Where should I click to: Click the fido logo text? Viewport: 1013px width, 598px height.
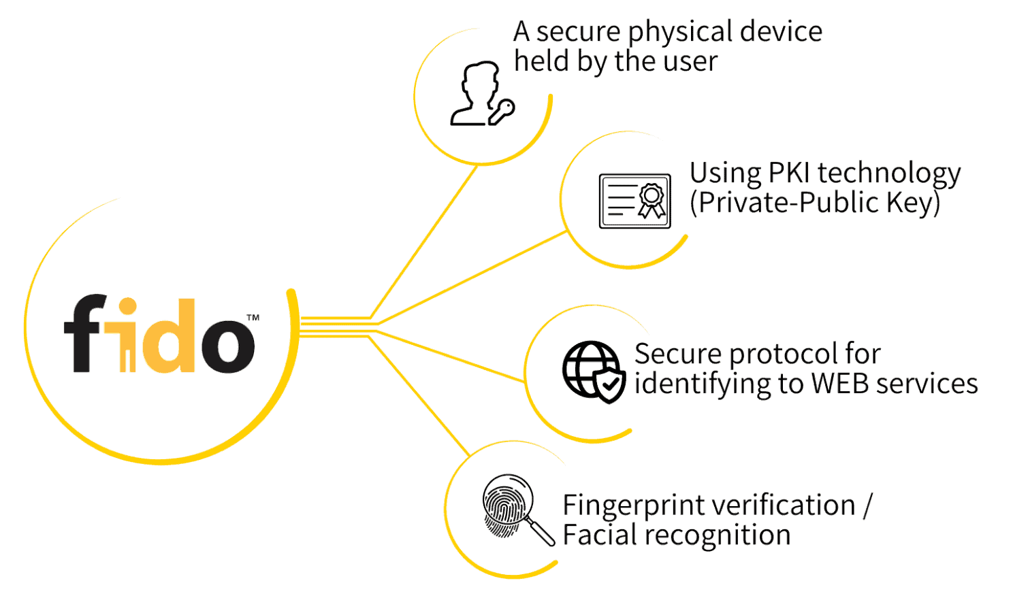point(159,335)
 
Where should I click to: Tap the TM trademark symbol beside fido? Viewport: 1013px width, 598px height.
point(253,318)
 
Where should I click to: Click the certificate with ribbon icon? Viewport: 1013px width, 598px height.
point(634,201)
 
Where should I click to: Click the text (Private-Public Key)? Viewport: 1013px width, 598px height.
point(815,203)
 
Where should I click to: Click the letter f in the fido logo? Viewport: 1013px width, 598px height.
point(85,333)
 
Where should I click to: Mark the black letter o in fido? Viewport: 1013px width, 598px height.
point(227,344)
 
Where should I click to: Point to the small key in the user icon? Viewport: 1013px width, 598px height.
point(502,112)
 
